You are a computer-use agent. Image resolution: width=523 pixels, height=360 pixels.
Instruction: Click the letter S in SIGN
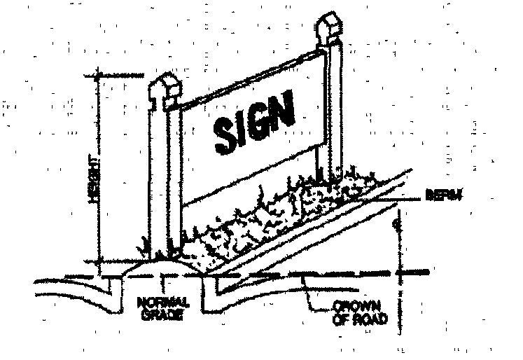225,132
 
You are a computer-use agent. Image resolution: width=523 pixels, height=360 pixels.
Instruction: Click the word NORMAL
161,303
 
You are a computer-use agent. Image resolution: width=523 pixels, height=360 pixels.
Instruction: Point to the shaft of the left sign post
162,182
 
